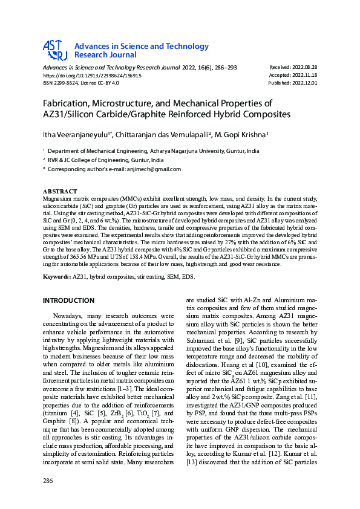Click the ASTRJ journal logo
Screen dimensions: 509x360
[54, 50]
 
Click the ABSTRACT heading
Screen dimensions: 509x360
[60, 192]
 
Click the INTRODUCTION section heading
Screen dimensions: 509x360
[68, 300]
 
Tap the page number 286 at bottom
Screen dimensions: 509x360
[48, 481]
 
